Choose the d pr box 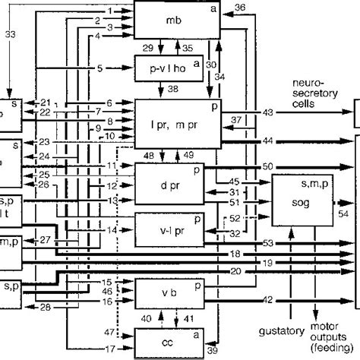pos(169,182)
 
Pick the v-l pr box pos(169,229)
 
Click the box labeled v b pos(169,294)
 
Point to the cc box pos(169,341)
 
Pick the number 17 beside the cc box pos(110,349)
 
